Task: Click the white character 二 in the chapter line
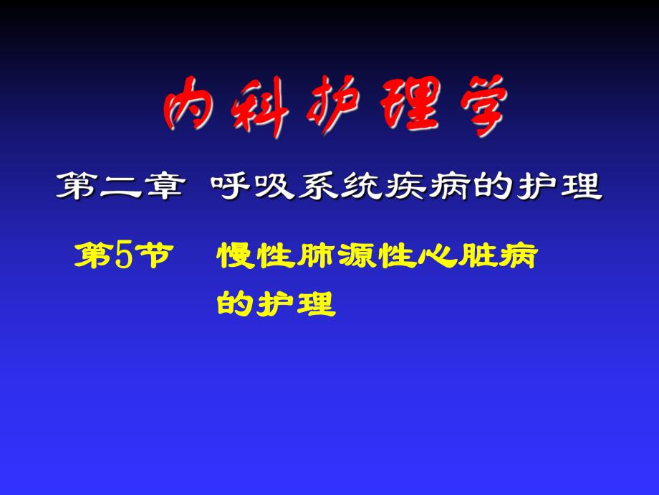click(x=122, y=187)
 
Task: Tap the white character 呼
click(x=231, y=187)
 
